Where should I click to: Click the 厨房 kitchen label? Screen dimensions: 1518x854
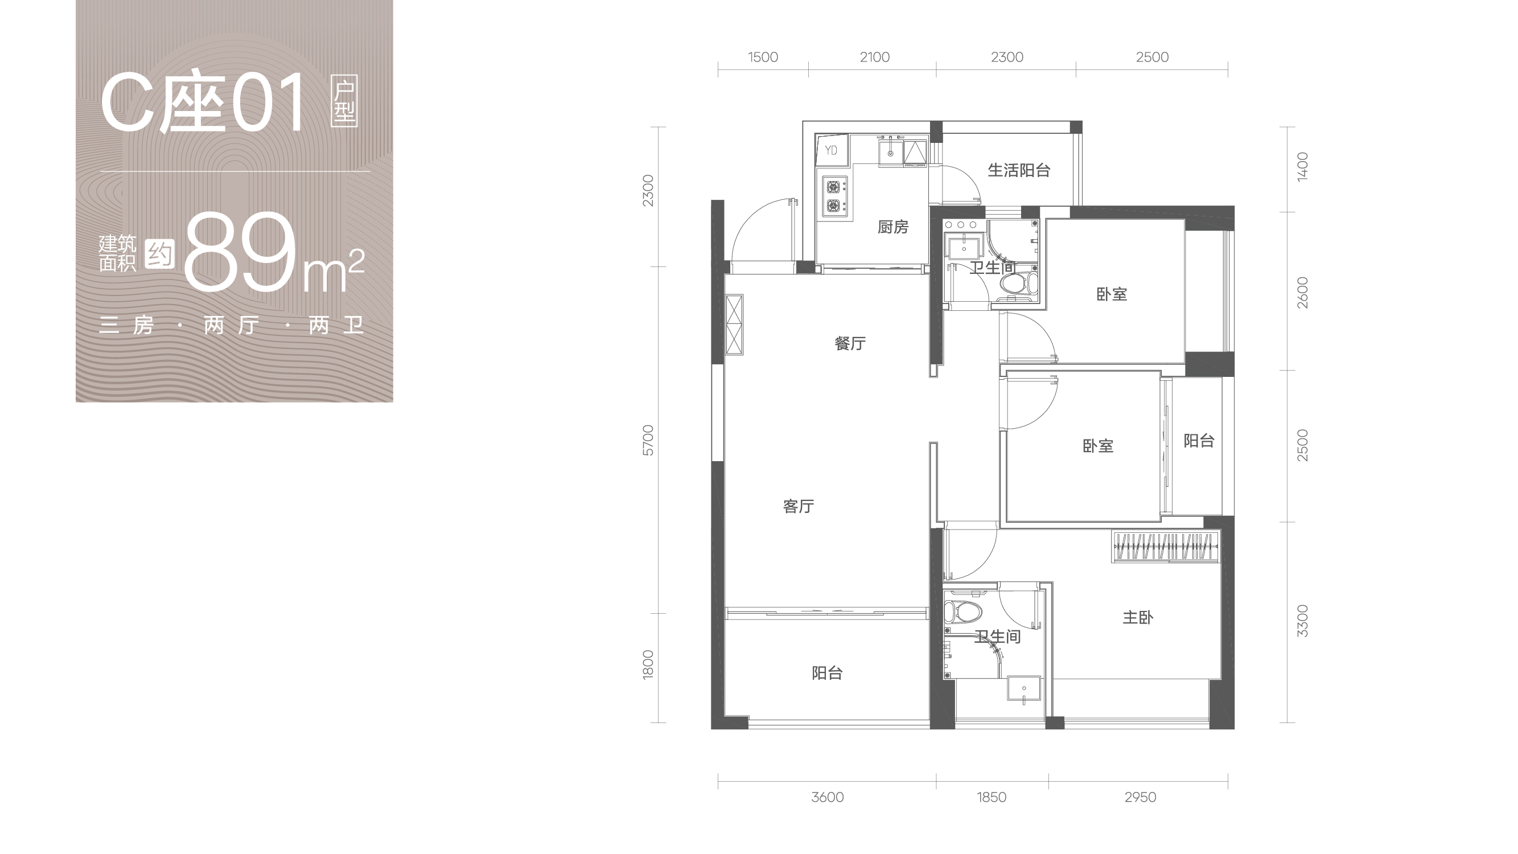893,227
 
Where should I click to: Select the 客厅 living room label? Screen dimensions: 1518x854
799,506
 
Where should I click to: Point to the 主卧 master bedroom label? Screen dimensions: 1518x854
1138,618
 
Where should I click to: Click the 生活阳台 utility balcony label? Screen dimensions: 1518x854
1019,170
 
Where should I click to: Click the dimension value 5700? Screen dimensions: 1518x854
648,440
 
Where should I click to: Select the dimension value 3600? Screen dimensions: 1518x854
828,798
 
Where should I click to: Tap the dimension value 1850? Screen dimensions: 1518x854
991,798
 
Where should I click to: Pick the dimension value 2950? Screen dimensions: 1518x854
1140,798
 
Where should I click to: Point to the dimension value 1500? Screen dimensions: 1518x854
763,57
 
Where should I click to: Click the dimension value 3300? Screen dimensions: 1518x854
1302,621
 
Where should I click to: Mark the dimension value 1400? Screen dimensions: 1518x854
1302,167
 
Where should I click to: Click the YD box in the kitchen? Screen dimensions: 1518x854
832,150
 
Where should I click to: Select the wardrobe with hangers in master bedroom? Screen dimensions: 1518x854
1165,546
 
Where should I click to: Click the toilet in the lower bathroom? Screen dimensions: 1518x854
962,612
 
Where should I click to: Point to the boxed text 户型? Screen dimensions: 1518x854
344,101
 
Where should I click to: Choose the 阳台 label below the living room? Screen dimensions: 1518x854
828,673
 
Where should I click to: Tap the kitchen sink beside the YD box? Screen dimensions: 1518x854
890,153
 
